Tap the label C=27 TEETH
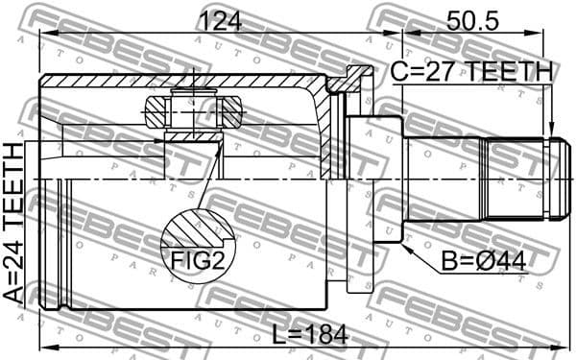[x=470, y=71]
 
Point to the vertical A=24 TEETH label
[x=14, y=222]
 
